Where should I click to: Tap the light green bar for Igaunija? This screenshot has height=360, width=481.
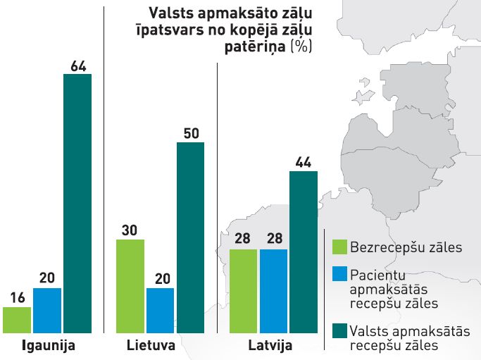click(17, 319)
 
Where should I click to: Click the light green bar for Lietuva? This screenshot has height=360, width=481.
click(130, 286)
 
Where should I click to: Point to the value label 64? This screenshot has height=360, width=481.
click(78, 66)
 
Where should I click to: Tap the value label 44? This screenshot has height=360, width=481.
click(304, 162)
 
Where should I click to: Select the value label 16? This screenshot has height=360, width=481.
click(17, 298)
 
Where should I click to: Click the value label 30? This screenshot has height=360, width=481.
click(130, 230)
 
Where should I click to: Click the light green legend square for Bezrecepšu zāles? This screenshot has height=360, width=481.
click(339, 247)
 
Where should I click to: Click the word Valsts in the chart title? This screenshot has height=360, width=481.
click(167, 13)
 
